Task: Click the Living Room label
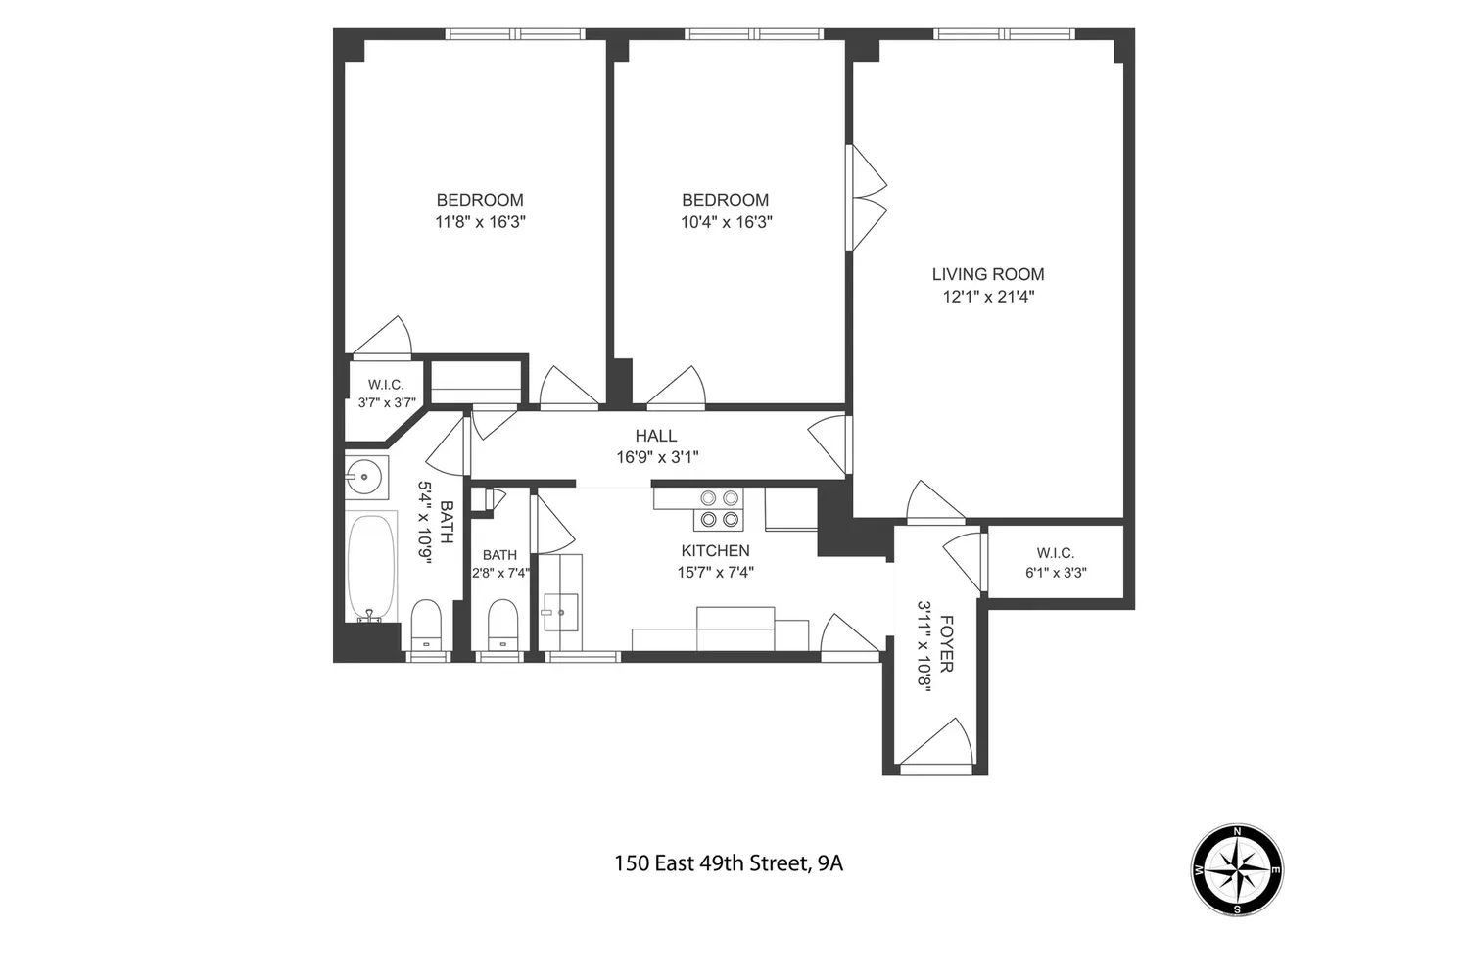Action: (x=988, y=274)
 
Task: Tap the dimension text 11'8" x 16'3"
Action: (x=481, y=222)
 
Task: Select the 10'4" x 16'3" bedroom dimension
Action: (x=726, y=222)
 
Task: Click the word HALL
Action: (x=656, y=436)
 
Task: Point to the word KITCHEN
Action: (x=716, y=551)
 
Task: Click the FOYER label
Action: (x=946, y=643)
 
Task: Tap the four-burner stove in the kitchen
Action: (x=719, y=509)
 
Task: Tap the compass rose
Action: (x=1237, y=869)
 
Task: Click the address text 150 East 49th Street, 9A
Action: (x=729, y=863)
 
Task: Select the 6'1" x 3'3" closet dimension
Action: (x=1056, y=573)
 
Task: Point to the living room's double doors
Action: (x=866, y=198)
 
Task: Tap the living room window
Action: (x=1004, y=34)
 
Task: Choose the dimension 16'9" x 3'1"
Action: (x=657, y=457)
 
